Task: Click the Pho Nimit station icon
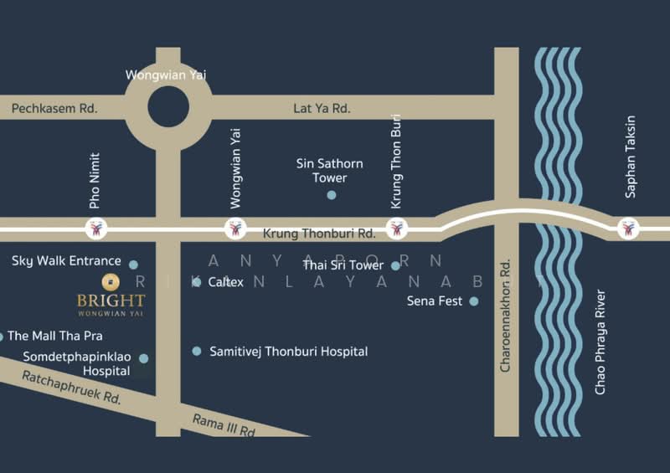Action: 95,228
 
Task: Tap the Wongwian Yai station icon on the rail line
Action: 235,228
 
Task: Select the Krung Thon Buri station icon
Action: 397,228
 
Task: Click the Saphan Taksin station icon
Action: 627,228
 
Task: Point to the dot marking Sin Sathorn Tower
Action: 332,195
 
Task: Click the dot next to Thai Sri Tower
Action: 395,266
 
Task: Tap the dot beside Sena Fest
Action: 474,301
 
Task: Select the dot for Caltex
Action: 197,282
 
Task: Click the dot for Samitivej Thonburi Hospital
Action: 197,352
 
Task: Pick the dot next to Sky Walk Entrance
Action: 133,265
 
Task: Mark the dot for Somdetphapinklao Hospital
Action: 144,358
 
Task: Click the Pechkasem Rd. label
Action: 54,109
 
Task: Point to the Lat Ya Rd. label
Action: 322,109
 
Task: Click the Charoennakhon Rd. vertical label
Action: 506,310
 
